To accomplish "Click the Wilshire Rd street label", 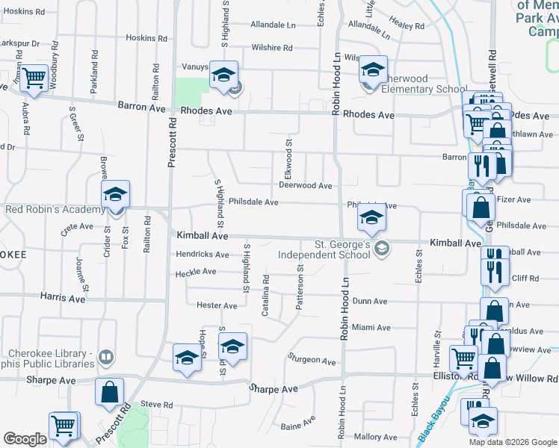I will [272, 48].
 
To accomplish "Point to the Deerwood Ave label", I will [305, 185].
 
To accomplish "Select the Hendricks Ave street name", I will [202, 254].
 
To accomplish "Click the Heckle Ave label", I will [196, 274].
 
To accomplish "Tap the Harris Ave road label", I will [62, 297].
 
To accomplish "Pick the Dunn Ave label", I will [369, 301].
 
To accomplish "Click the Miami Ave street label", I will [371, 327].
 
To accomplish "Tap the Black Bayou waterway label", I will [431, 423].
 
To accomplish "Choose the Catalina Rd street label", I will [265, 294].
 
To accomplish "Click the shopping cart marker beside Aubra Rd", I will [34, 77].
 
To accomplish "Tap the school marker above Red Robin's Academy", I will [115, 194].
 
